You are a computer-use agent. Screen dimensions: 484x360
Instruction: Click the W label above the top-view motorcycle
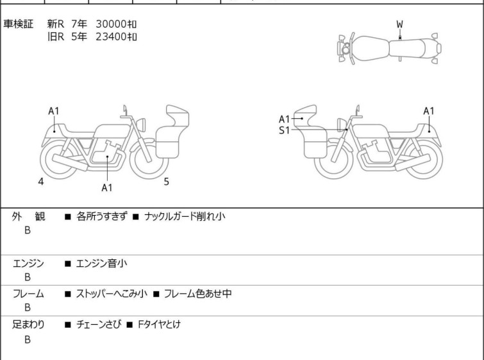(400, 24)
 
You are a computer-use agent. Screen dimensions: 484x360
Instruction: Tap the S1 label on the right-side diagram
(284, 130)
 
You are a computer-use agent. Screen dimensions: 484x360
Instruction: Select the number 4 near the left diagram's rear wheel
(41, 182)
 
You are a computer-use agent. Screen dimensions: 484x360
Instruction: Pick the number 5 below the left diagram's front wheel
(167, 182)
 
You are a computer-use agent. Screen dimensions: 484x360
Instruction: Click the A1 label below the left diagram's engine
(107, 187)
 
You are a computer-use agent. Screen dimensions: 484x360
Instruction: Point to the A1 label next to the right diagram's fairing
(284, 119)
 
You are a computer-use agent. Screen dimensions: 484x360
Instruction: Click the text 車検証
(18, 24)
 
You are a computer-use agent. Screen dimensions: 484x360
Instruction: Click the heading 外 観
(28, 216)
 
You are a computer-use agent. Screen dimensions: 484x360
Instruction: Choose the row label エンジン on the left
(28, 263)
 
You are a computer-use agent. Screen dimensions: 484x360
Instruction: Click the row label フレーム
(28, 293)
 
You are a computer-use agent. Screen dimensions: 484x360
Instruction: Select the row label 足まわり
(28, 324)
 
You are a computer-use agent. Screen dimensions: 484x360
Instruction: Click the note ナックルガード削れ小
(185, 216)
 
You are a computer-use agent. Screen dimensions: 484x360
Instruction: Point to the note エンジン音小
(101, 263)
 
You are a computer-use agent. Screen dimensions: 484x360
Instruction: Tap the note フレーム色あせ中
(197, 293)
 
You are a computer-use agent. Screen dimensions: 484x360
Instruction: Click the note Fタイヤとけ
(159, 324)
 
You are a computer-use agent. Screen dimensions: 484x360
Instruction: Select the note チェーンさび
(99, 324)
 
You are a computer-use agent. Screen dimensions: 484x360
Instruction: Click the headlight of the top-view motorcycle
(345, 49)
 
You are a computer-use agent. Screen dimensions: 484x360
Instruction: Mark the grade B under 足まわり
(28, 339)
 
